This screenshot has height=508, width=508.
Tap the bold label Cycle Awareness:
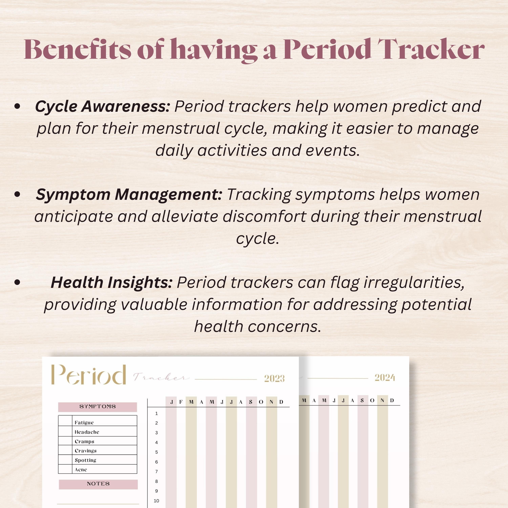coord(103,107)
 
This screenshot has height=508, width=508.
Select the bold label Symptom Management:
coord(129,195)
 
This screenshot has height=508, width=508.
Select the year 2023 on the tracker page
coord(274,378)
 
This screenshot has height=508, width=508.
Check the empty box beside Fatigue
coord(65,422)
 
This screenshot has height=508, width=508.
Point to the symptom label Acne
coord(81,470)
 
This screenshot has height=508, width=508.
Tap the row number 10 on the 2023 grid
coord(156,501)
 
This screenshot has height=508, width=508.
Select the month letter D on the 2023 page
coord(281,402)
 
